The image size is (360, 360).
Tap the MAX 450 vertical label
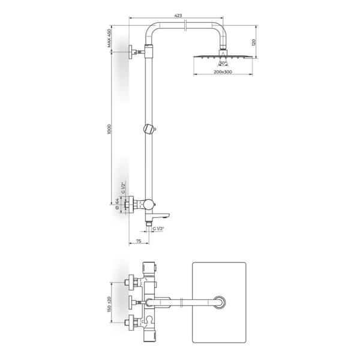point(110,38)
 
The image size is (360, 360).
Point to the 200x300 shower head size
point(223,72)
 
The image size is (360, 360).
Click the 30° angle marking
point(223,62)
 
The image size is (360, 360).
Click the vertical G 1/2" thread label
point(123,189)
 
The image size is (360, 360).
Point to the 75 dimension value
point(139,241)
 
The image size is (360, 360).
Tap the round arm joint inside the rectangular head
point(221,302)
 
